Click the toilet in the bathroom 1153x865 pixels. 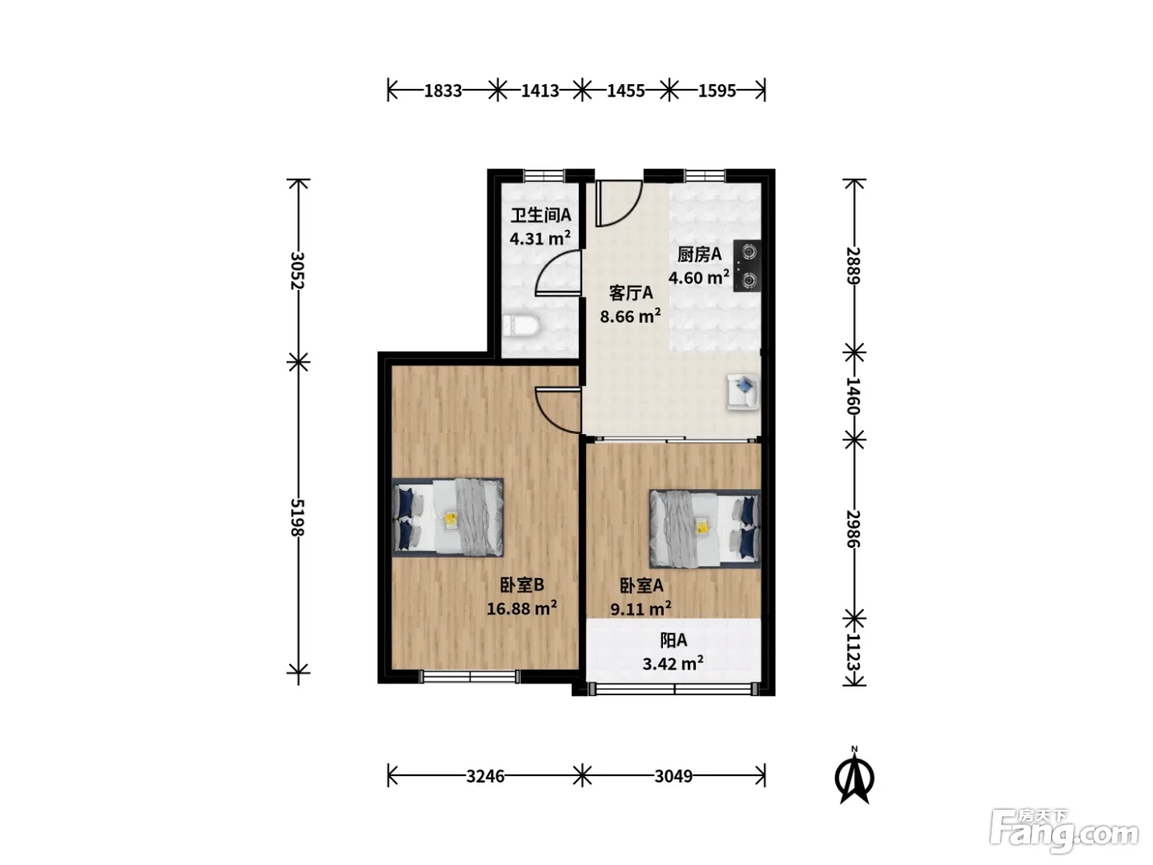520,326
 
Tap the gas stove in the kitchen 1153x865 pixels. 747,266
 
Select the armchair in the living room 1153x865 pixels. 742,391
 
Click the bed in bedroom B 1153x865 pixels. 447,517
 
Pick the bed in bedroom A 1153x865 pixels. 705,529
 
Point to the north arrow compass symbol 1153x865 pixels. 855,775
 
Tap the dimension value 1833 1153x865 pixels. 443,91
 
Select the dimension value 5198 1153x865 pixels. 298,517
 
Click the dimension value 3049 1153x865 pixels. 673,776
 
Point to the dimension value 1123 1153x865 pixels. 854,652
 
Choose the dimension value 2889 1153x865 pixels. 854,265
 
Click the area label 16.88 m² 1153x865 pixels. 521,609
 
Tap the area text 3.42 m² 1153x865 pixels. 673,663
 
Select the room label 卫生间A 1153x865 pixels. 540,215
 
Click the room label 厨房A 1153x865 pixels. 699,255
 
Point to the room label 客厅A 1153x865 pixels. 630,293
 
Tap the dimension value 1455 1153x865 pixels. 626,91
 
